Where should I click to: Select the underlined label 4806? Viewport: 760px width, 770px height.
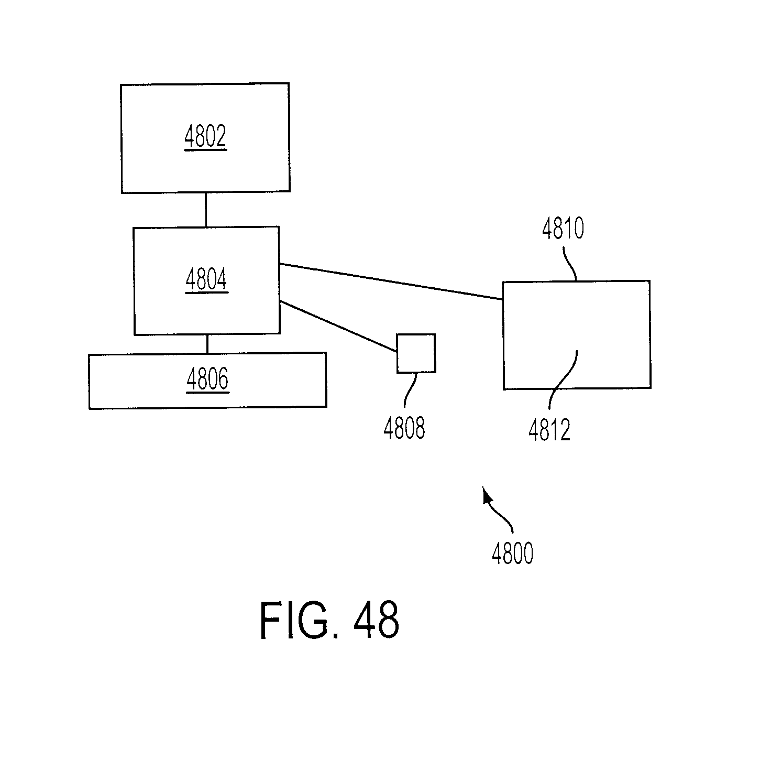point(207,379)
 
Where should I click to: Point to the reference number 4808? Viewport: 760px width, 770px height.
point(404,428)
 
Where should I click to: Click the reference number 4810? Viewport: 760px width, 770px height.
point(563,229)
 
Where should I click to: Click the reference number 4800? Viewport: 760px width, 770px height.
point(513,554)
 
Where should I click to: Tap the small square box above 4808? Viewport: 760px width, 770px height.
point(416,354)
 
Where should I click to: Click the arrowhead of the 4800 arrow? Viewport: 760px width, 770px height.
point(487,495)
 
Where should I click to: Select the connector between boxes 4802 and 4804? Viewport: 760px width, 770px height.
point(206,210)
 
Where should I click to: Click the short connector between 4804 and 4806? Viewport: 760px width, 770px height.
point(207,344)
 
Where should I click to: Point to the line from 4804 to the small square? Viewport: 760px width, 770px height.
point(338,327)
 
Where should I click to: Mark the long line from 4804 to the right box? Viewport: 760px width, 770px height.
point(391,281)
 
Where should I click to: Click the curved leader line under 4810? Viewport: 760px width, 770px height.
point(570,264)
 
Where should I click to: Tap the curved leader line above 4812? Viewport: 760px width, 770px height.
point(563,379)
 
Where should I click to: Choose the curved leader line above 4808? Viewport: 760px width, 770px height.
point(410,389)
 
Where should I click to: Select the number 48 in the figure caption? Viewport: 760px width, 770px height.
point(376,620)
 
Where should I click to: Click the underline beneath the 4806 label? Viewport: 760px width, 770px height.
point(208,393)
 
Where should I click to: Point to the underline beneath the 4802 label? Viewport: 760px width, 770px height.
point(206,150)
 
